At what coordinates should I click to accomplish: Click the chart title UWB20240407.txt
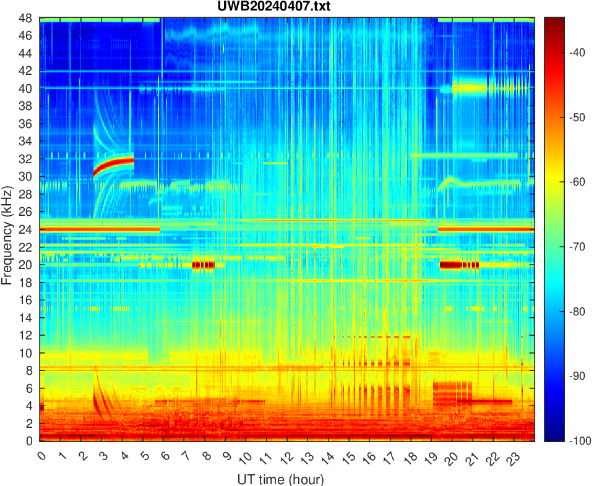click(286, 7)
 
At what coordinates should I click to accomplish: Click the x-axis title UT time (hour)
click(280, 479)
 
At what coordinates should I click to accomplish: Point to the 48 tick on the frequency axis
click(27, 18)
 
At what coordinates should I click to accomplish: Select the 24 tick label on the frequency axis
click(27, 229)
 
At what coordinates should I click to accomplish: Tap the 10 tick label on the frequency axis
click(27, 353)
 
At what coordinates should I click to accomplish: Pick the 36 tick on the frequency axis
click(27, 124)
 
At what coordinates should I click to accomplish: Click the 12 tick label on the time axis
click(286, 459)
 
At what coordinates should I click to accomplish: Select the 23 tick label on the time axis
click(511, 459)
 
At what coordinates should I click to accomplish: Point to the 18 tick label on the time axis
click(409, 459)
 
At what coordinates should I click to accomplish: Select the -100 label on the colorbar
click(570, 441)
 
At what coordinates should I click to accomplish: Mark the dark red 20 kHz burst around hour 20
click(458, 265)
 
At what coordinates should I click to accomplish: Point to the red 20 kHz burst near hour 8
click(203, 265)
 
